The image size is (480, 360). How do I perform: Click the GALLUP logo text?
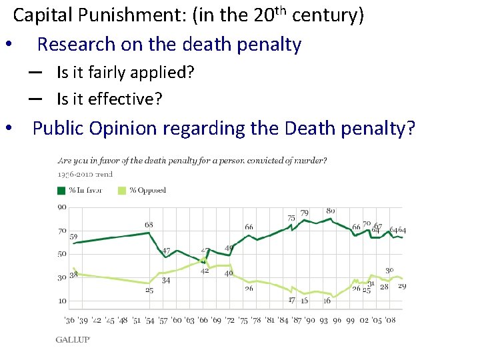(x=73, y=339)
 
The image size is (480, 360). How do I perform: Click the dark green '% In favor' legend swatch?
(x=62, y=191)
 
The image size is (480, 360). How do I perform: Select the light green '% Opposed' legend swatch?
(x=122, y=191)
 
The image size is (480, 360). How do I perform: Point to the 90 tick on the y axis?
(x=61, y=207)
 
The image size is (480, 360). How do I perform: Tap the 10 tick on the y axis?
(x=61, y=301)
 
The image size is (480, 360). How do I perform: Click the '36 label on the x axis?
(x=70, y=321)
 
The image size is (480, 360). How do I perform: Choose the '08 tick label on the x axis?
(x=390, y=321)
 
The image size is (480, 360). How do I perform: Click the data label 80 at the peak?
(x=331, y=211)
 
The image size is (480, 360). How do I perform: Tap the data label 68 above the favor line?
(x=149, y=225)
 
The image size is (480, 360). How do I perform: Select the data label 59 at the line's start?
(x=73, y=237)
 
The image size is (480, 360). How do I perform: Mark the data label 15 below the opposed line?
(x=304, y=301)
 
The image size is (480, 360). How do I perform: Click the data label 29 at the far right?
(x=402, y=287)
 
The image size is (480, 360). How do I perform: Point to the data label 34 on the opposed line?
(x=166, y=281)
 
